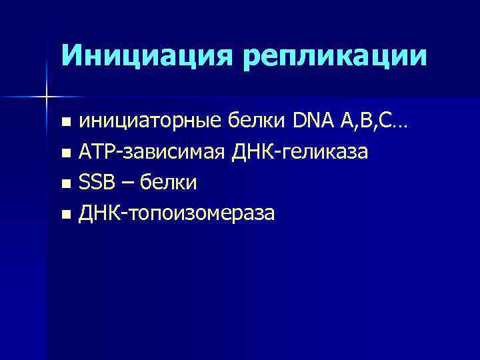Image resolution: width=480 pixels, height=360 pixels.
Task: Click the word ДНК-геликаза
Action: click(x=299, y=153)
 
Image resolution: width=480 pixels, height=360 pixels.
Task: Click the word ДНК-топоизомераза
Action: click(x=177, y=213)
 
